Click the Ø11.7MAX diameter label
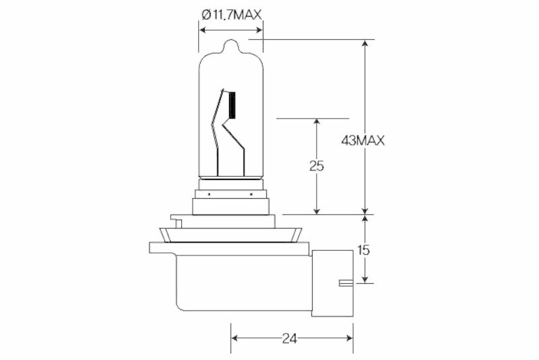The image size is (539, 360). point(230,12)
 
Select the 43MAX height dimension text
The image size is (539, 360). point(362,140)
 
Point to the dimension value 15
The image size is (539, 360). point(364,249)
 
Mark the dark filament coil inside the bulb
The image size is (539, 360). point(232,105)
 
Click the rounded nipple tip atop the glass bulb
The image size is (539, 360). point(230,46)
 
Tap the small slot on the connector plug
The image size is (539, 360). point(344,283)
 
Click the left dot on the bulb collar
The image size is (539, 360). point(210,195)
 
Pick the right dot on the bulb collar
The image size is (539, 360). point(251,195)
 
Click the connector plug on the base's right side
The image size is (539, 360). point(331,283)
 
